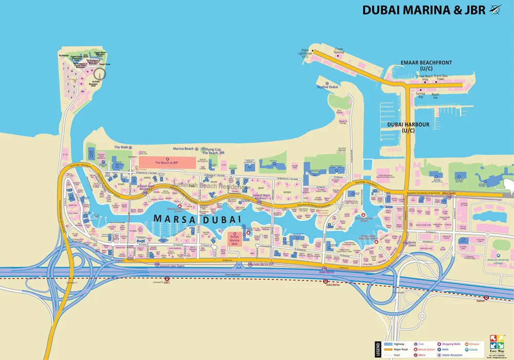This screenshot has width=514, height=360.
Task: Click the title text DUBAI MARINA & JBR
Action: [x=424, y=10]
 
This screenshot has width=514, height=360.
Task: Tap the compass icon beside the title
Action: [x=495, y=9]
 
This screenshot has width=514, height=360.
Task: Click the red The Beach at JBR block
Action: [x=167, y=162]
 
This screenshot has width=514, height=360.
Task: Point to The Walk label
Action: [x=121, y=147]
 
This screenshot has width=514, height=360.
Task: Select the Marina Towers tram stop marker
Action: [x=405, y=243]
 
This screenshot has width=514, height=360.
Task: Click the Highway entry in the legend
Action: [x=399, y=344]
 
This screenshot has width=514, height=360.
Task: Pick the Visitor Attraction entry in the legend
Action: [x=452, y=355]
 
